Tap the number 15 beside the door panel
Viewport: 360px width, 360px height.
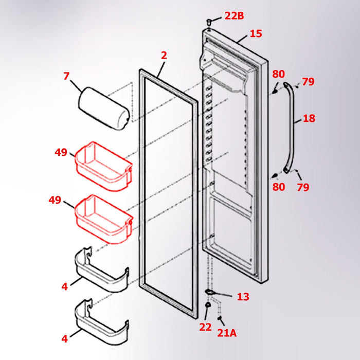pos(256,34)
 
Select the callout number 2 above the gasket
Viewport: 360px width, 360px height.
pos(164,55)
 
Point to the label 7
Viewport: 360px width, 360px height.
pos(66,77)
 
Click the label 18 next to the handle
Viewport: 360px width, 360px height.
pos(309,119)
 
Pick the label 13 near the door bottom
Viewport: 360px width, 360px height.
pos(243,297)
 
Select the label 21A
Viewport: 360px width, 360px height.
pos(227,333)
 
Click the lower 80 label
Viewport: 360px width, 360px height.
pos(278,187)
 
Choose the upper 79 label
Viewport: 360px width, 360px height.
pos(308,82)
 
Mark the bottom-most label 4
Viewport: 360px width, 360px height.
pos(64,339)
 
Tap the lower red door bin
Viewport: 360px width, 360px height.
pos(103,218)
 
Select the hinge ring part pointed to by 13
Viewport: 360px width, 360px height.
pos(210,293)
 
